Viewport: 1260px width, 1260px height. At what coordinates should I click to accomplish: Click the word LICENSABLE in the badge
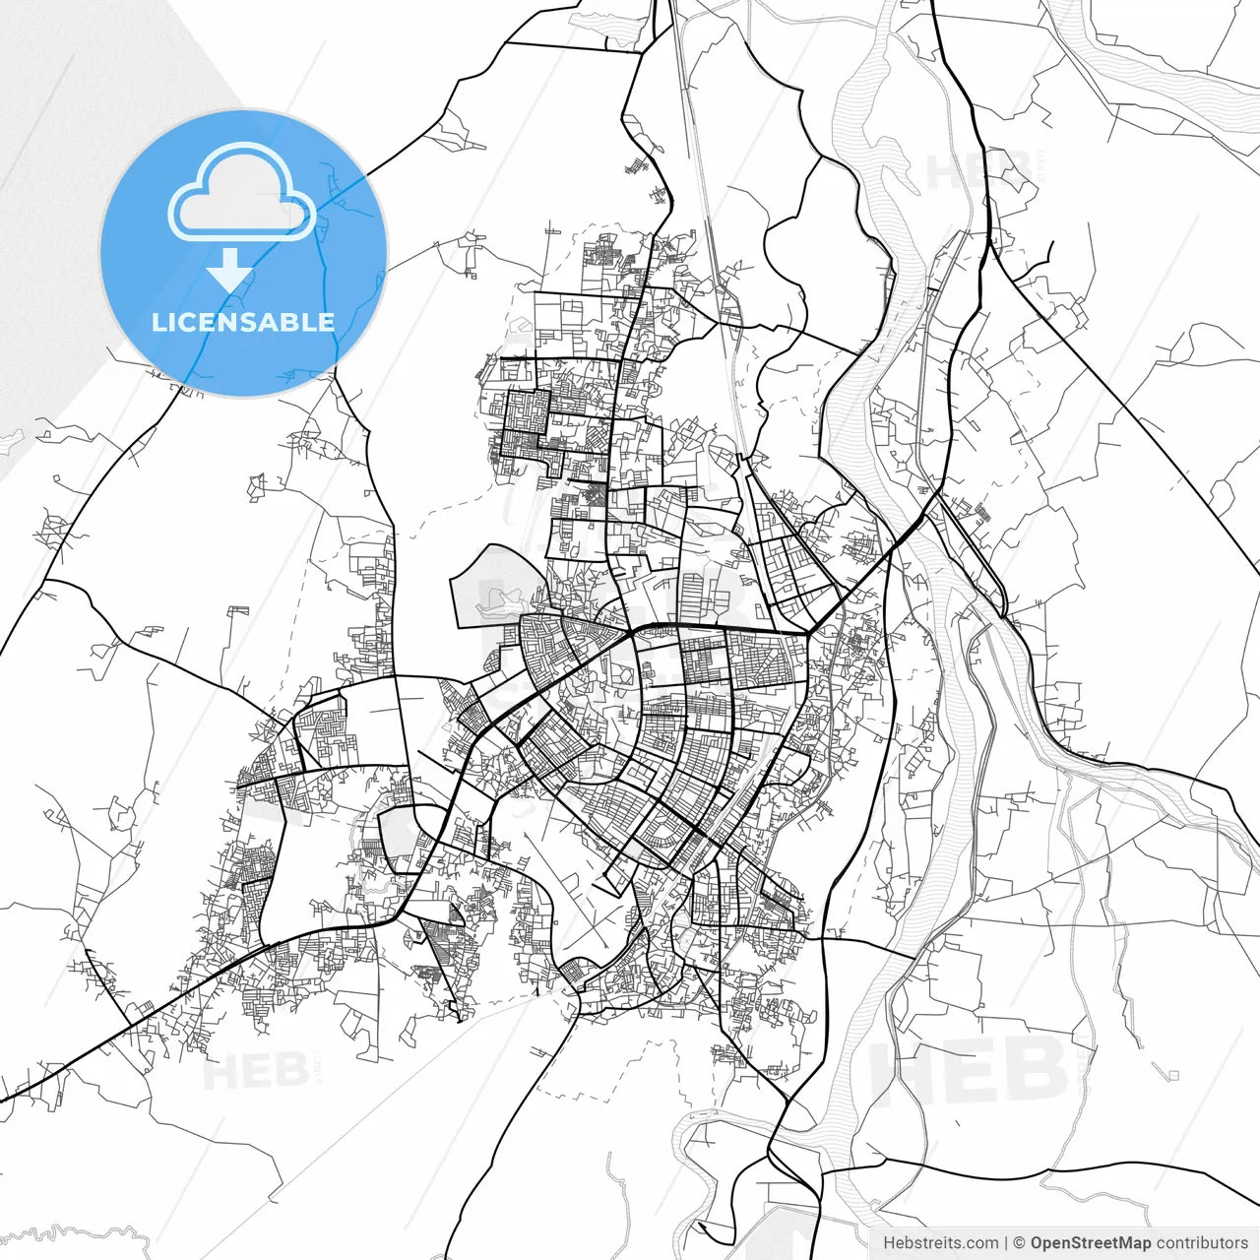(242, 322)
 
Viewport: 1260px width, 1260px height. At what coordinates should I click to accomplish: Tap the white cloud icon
(241, 194)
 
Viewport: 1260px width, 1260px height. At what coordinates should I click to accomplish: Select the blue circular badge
(243, 253)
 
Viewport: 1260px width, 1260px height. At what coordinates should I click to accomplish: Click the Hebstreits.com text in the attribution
(940, 1243)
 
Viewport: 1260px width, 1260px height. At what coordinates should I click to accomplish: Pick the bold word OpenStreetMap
(1090, 1243)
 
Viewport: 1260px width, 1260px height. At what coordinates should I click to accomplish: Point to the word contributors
(1201, 1243)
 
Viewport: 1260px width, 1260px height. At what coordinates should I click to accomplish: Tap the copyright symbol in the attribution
(1019, 1243)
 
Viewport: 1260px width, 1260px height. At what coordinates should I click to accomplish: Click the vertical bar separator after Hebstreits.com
(1005, 1243)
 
